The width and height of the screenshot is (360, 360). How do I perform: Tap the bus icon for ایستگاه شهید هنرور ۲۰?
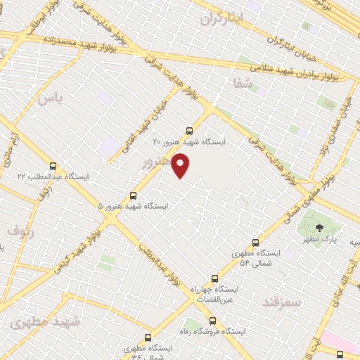[x=188, y=131]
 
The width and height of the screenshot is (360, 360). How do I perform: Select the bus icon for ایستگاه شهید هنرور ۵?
[x=134, y=195]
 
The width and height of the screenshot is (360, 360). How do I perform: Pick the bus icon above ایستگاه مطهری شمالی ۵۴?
[x=255, y=243]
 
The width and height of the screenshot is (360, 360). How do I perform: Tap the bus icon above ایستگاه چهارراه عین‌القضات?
[x=192, y=289]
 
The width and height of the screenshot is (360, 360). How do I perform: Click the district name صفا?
[x=243, y=83]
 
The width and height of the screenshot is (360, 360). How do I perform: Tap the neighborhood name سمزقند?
[x=281, y=302]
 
